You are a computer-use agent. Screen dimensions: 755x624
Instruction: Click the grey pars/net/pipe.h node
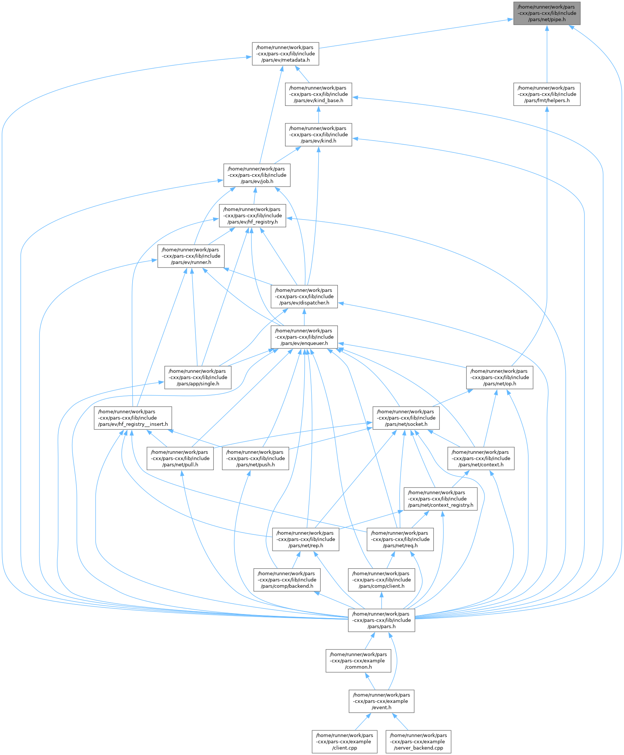(546, 13)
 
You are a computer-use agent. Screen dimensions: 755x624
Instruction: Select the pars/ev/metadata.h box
(285, 54)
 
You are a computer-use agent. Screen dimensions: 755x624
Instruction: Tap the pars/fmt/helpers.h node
(546, 94)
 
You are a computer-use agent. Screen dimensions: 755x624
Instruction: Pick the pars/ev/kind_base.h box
(318, 94)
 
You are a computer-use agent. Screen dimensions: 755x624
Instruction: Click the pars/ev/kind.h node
(318, 135)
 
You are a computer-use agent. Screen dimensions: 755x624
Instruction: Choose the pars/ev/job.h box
(257, 175)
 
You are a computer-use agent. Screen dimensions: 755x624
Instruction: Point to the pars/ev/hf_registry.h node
(253, 216)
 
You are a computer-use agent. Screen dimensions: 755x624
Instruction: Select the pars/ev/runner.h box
(191, 256)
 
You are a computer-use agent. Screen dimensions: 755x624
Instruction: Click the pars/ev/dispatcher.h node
(304, 297)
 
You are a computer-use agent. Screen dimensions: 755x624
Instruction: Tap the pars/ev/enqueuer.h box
(304, 337)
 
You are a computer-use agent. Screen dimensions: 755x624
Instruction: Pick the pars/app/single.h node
(198, 377)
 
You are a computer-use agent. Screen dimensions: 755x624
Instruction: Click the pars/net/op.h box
(499, 377)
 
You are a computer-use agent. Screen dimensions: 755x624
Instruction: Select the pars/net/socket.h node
(406, 418)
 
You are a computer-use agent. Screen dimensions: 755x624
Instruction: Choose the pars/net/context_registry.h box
(440, 499)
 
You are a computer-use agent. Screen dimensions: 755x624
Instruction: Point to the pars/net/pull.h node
(180, 459)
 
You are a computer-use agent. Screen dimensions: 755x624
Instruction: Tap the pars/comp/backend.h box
(287, 580)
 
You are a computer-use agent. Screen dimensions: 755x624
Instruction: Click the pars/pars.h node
(381, 620)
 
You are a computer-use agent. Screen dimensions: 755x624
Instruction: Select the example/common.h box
(358, 661)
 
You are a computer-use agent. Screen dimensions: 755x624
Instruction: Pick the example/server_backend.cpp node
(418, 742)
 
